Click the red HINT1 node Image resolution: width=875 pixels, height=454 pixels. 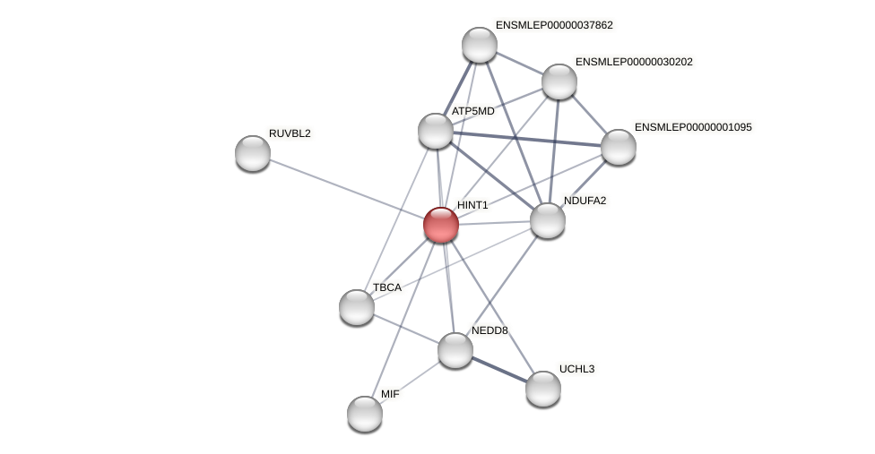[x=441, y=225]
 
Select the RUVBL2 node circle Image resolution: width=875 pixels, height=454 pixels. [x=253, y=153]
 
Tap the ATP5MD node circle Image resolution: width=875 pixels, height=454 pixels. [x=436, y=131]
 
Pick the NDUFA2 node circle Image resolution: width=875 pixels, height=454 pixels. [x=548, y=220]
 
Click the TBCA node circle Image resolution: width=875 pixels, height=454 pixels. [x=357, y=307]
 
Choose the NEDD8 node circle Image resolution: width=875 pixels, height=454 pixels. [x=455, y=349]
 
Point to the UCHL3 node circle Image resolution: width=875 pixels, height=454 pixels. [x=543, y=389]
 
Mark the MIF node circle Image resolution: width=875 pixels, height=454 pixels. [x=365, y=413]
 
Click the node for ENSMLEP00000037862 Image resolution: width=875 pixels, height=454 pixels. [x=480, y=45]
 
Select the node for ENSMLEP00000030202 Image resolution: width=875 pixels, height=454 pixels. [x=559, y=81]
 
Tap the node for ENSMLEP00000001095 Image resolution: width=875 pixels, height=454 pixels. [x=619, y=147]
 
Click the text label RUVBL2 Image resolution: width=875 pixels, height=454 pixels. [x=290, y=133]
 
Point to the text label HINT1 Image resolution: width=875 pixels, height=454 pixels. [x=472, y=205]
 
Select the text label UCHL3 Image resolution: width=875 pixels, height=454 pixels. [x=576, y=369]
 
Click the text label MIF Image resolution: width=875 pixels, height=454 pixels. [x=390, y=394]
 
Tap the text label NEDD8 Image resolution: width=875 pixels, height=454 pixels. [x=489, y=330]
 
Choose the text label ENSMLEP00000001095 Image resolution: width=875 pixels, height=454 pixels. [x=693, y=127]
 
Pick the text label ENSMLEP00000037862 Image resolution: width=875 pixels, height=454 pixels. [x=554, y=25]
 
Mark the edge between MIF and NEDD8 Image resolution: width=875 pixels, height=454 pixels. [x=410, y=381]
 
